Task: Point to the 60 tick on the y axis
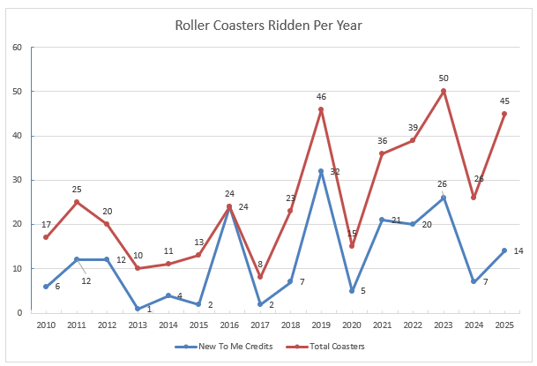coord(16,47)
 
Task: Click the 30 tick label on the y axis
coord(16,180)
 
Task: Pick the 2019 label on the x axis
coord(321,325)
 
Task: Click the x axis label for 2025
coord(504,325)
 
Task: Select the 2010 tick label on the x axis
coord(46,325)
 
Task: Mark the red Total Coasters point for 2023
coord(444,91)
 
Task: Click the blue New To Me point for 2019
coord(321,171)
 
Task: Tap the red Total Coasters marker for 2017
coord(260,277)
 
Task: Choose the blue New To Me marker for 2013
coord(138,308)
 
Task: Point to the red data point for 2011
coord(77,202)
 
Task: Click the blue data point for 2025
coord(504,250)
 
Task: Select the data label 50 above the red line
coord(444,78)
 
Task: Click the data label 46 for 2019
coord(321,96)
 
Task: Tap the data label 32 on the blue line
coord(335,171)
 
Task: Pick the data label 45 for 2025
coord(504,101)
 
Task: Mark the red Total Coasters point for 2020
coord(352,246)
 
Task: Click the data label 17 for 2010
coord(46,224)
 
